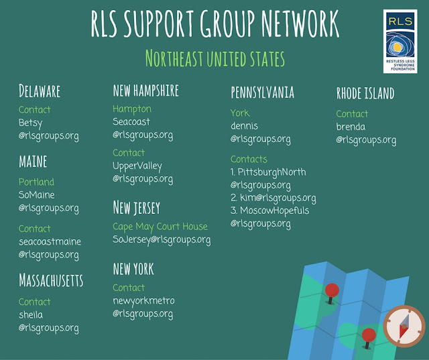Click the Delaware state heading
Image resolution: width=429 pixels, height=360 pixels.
pos(40,91)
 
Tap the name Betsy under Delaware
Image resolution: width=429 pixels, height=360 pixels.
pos(30,123)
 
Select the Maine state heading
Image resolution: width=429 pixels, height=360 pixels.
pos(33,162)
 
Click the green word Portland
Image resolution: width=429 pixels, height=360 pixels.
pos(36,182)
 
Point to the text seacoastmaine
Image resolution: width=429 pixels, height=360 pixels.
pos(50,241)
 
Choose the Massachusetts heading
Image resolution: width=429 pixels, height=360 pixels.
pos(51,280)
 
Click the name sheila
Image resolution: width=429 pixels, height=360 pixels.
pos(31,314)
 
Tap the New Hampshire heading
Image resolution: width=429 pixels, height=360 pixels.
pos(145,90)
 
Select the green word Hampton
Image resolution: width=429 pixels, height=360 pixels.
pos(132,109)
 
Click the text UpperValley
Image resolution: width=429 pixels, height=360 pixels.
pos(137,166)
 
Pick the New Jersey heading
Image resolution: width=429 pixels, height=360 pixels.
pos(136,207)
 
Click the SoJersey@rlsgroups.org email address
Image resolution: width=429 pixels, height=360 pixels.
pos(162,239)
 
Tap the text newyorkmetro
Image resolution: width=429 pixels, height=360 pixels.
pos(143,300)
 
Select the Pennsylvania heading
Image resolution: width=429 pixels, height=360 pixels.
pos(262,92)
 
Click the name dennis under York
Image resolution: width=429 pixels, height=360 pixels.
pos(244,126)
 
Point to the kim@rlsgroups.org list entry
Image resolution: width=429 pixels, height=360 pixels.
pos(273,198)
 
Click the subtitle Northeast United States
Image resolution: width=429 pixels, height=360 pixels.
pos(214,59)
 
